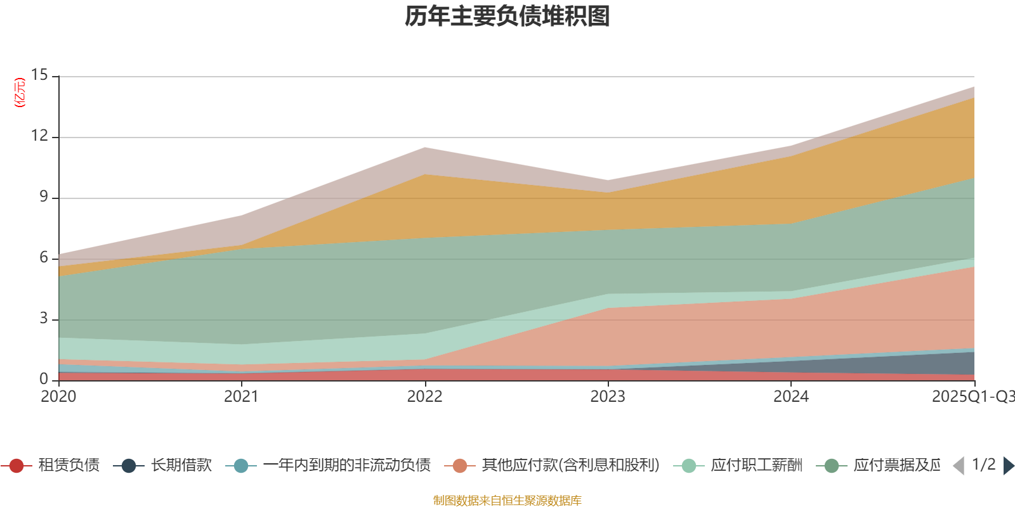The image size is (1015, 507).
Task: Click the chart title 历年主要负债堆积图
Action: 507,16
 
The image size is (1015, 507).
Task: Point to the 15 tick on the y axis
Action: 40,75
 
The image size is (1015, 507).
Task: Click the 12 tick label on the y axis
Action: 40,136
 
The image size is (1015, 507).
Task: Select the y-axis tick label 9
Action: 44,196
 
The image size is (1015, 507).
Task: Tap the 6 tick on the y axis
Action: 44,257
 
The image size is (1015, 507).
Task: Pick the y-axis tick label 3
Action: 44,318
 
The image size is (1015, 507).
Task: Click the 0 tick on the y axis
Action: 44,379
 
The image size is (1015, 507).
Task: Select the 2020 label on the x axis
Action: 58,397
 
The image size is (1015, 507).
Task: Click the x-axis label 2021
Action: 241,397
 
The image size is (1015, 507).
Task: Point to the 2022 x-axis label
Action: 424,397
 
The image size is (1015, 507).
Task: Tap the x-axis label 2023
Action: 608,397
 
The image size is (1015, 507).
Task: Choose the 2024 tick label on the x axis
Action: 790,397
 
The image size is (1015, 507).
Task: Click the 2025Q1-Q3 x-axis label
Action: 972,397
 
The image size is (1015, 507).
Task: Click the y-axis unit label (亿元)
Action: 20,93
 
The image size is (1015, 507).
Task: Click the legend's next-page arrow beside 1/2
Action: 1009,466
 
